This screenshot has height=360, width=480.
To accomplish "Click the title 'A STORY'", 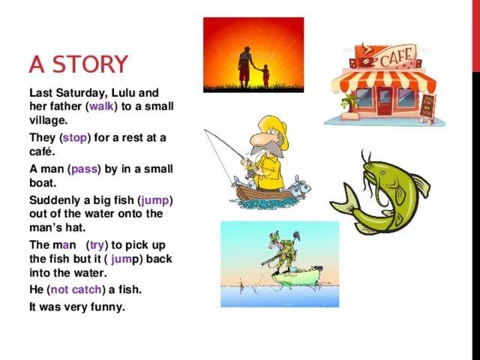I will coord(78,64).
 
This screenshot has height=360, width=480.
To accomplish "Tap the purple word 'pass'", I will coord(85,169).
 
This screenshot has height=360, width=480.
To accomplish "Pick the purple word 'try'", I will coord(97,245).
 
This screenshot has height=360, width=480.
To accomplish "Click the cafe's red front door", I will coord(385,100).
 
